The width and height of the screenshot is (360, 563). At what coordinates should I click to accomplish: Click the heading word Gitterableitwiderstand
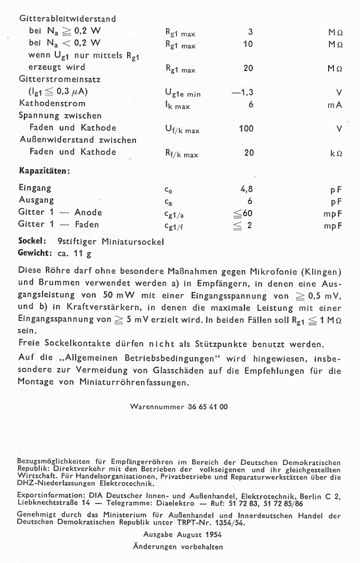coord(67,19)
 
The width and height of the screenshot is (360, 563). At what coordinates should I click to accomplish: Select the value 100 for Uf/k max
coord(246,128)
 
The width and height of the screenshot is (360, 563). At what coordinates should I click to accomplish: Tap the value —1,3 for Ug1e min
coord(242,92)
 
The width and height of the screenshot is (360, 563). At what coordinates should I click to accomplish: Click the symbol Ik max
coord(178,105)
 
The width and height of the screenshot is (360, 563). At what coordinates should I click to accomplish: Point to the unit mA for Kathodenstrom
coord(335,104)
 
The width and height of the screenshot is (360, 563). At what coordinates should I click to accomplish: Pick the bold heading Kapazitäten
coord(44,170)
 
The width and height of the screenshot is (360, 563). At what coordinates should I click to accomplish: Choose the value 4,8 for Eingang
coord(246,189)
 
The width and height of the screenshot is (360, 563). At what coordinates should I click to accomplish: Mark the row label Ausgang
coord(36,200)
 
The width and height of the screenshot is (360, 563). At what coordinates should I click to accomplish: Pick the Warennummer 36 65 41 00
coord(179,406)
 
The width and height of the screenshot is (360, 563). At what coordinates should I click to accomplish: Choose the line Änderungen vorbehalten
coord(178,547)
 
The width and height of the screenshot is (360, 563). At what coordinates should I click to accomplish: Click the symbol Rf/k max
coord(181,154)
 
